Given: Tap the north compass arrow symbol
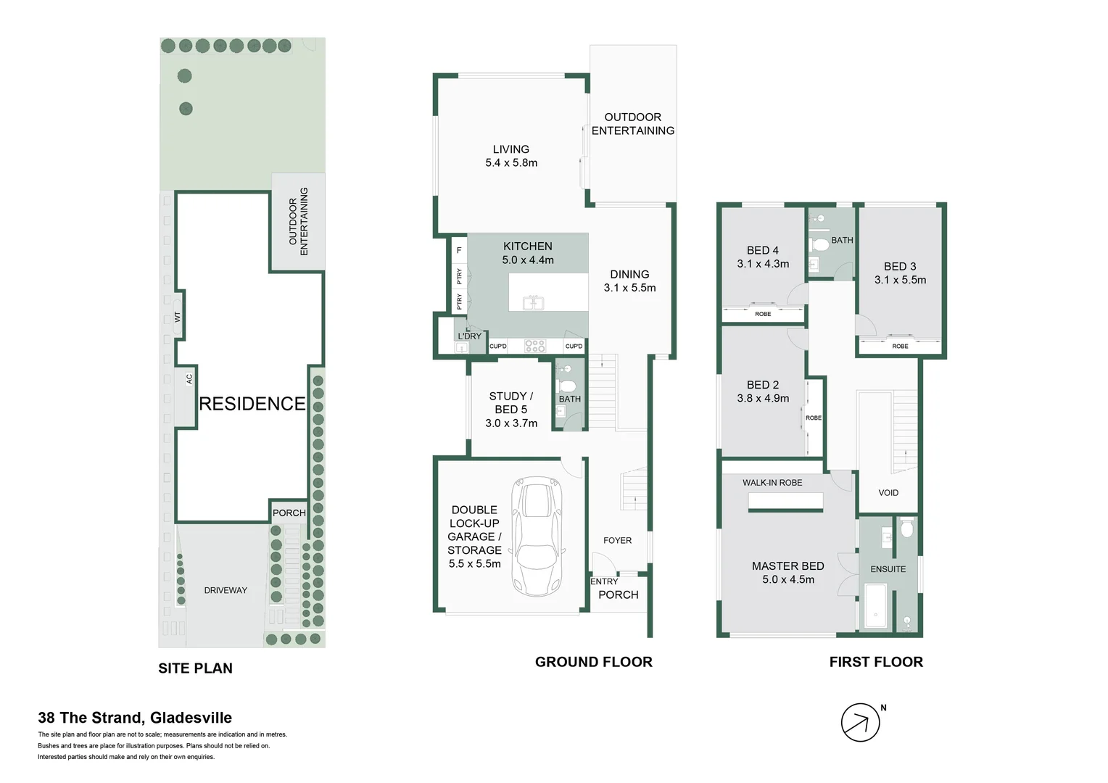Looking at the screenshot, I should (x=860, y=722).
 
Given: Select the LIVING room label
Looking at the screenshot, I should (x=511, y=149).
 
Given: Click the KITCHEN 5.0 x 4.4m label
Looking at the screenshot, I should (x=528, y=253).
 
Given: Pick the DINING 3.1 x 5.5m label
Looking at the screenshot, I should (x=629, y=281).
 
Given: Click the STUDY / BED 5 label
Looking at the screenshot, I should (x=511, y=403).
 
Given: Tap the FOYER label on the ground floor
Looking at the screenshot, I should (x=617, y=540).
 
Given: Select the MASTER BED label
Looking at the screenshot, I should (x=787, y=566).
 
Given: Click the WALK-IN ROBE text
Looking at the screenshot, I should (x=772, y=483).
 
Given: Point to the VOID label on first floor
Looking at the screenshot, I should (x=888, y=493).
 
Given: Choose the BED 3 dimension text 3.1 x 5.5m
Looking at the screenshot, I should (x=900, y=280).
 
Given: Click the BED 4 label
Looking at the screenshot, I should (x=763, y=250).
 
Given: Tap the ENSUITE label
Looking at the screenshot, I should (x=888, y=569).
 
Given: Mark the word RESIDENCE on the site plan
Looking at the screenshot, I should (x=252, y=404).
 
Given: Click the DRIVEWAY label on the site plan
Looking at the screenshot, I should (x=226, y=590).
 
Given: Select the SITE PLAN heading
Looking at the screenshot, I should (x=195, y=668).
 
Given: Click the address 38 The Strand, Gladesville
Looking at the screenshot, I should (x=135, y=718).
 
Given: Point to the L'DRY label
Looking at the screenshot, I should (x=469, y=336).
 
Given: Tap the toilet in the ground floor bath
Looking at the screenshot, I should (x=567, y=384).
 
